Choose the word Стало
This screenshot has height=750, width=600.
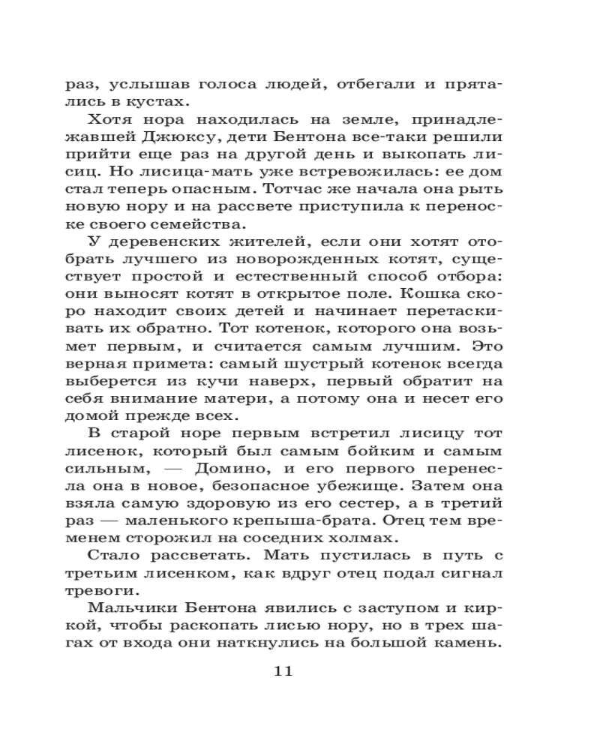pos(118,554)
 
